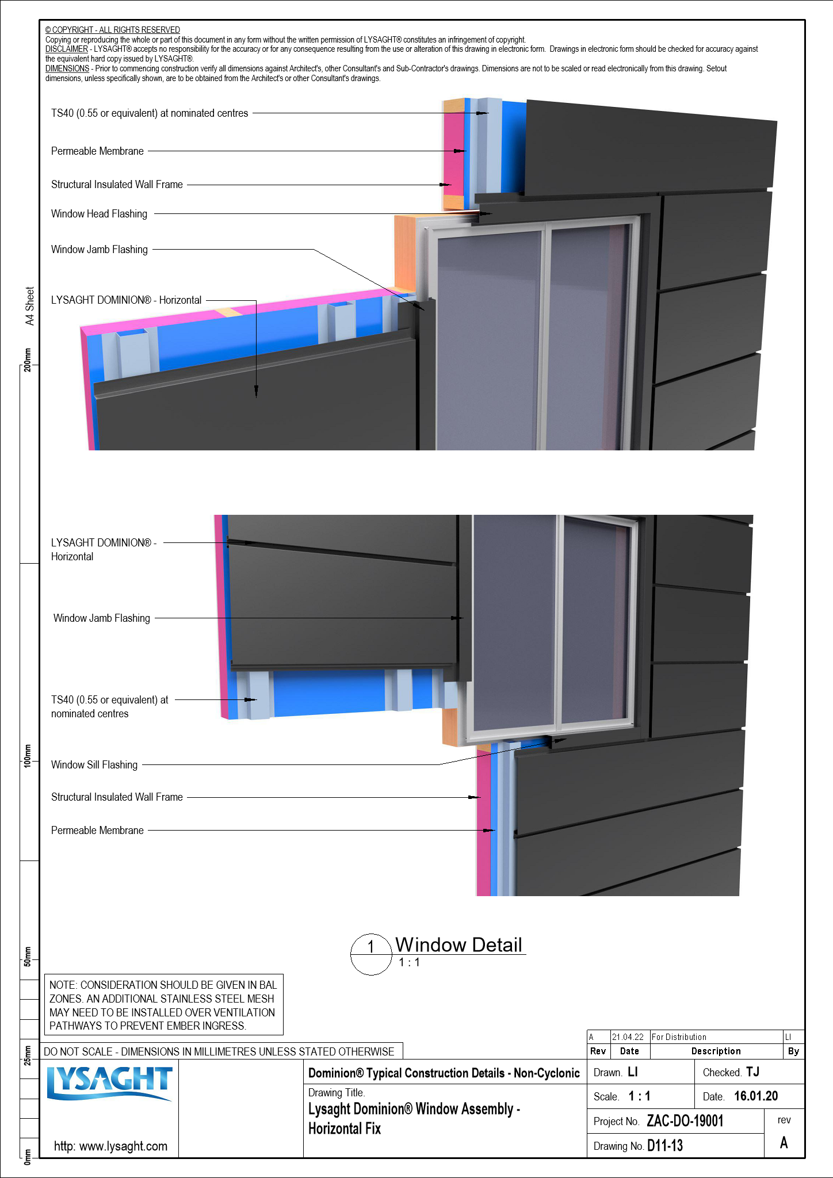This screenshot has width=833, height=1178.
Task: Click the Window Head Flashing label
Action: (x=99, y=214)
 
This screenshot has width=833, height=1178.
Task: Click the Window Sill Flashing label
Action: (x=94, y=765)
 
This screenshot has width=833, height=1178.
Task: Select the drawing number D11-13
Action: (x=664, y=1146)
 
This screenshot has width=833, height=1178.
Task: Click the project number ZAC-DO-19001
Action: (x=685, y=1121)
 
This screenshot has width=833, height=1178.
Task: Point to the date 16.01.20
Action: (x=756, y=1096)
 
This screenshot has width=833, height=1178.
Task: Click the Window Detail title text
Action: (x=458, y=945)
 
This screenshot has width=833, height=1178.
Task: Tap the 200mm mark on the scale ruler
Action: (x=28, y=360)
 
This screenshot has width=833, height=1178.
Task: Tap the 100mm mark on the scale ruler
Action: (x=28, y=755)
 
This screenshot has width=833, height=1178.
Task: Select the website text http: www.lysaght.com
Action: (x=110, y=1146)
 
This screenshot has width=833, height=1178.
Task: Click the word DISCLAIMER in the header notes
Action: (x=67, y=49)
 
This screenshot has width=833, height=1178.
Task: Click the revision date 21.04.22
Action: (x=628, y=1037)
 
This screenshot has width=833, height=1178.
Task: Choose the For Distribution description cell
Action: (x=679, y=1037)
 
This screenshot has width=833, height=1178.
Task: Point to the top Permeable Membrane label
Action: (x=97, y=151)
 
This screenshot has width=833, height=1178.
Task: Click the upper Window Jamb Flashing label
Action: (x=99, y=250)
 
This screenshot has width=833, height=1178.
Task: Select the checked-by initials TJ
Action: (x=752, y=1072)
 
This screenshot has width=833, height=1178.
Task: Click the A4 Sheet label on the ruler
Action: (x=30, y=306)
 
